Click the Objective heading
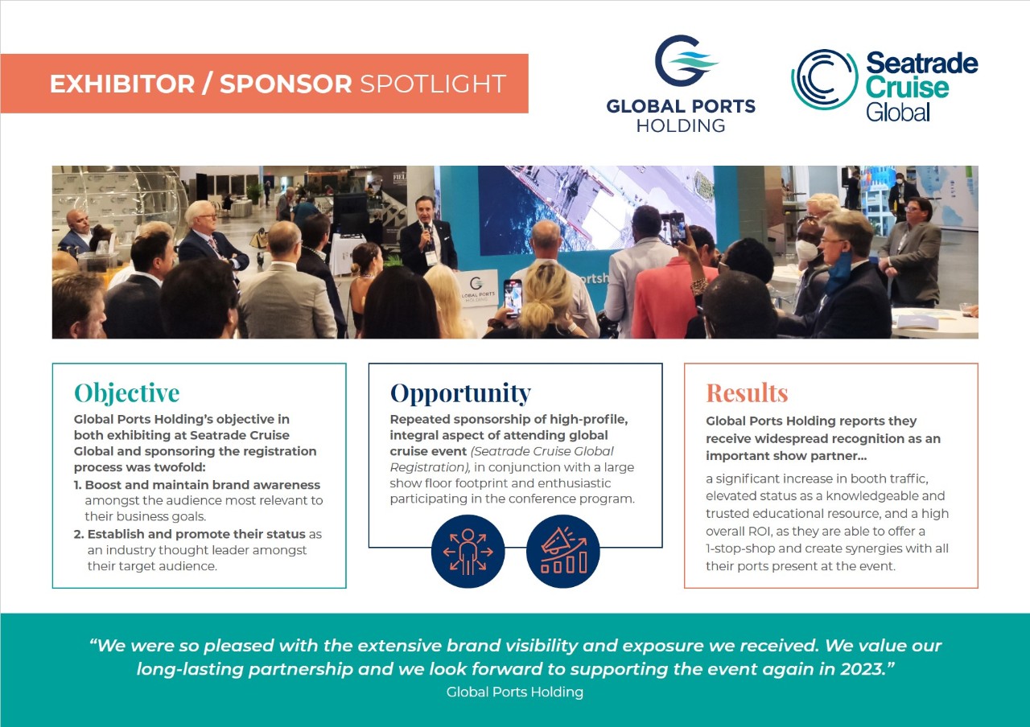click(127, 393)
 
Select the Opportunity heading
click(460, 393)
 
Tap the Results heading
click(747, 393)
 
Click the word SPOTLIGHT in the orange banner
click(433, 84)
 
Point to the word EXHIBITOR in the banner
click(122, 84)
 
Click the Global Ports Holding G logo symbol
click(685, 60)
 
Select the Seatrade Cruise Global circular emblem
click(824, 80)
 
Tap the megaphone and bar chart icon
click(562, 551)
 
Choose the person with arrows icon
click(468, 551)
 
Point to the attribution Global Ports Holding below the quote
click(514, 692)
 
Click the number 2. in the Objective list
click(79, 534)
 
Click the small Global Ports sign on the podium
click(478, 287)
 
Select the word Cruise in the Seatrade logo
click(907, 88)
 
